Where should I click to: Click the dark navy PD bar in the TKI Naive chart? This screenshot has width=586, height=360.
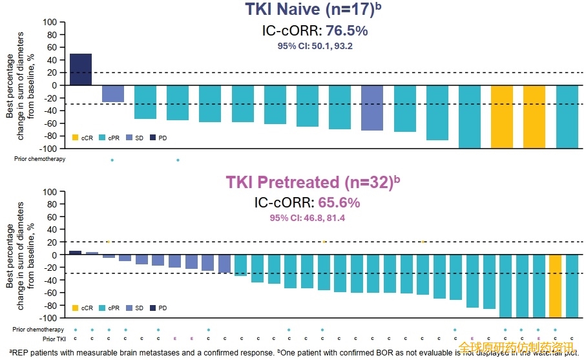click(81, 69)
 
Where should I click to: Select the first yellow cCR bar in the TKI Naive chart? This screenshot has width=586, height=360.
click(502, 116)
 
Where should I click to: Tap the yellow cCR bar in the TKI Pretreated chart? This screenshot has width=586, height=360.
click(555, 286)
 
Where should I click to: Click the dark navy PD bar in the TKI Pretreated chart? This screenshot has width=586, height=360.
click(76, 253)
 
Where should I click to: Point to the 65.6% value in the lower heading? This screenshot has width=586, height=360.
click(339, 202)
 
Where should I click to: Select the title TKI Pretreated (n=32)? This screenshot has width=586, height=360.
click(309, 182)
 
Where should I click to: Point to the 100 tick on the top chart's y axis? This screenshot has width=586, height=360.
click(50, 22)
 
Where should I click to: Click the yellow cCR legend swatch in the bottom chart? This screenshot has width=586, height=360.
click(75, 308)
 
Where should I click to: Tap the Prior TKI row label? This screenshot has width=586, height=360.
click(54, 339)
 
